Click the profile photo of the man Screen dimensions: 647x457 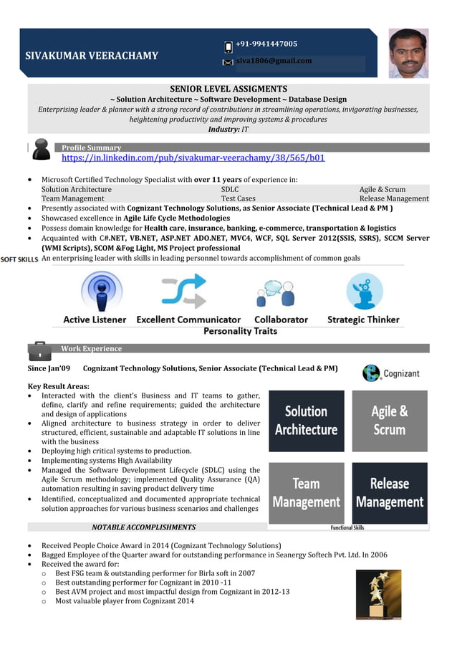coord(408,53)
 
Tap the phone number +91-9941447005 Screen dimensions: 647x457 coord(266,44)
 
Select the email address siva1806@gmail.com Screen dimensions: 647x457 coord(274,61)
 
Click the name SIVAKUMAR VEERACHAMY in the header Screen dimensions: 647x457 coord(92,55)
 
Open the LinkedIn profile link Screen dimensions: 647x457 coord(193,158)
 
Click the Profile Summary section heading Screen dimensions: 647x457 coord(92,148)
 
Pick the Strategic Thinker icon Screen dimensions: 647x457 coord(364,291)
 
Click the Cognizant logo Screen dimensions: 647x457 coord(390,373)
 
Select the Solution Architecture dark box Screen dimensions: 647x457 coord(306,421)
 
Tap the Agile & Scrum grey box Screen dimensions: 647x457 coord(390,421)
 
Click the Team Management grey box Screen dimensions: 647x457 coord(306,493)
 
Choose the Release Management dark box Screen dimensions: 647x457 coord(390,493)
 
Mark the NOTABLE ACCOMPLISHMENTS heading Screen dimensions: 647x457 coord(143,527)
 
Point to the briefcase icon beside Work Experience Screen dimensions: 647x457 coord(39,350)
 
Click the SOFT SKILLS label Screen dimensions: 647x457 coord(19,259)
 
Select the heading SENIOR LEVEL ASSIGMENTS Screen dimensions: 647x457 coord(228,89)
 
